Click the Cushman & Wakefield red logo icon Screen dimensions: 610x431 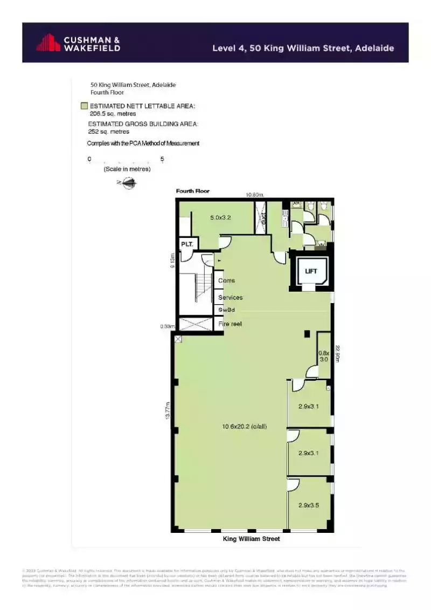(48, 43)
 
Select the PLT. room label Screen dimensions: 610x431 (187, 244)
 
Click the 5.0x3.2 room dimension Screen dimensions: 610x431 (221, 218)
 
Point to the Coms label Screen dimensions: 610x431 (226, 281)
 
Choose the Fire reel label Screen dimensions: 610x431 (230, 324)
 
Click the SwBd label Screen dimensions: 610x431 (226, 310)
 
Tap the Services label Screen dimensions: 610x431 (230, 298)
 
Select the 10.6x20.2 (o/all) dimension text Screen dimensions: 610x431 (244, 427)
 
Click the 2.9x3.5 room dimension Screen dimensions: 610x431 (309, 505)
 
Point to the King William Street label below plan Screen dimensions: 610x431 (252, 539)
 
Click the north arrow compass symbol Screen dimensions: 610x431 (128, 183)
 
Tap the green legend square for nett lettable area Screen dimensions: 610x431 (84, 106)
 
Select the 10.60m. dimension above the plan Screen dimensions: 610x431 (254, 195)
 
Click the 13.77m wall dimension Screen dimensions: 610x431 (168, 412)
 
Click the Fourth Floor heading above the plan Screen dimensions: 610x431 (192, 191)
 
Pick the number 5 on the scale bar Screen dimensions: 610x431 (162, 159)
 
